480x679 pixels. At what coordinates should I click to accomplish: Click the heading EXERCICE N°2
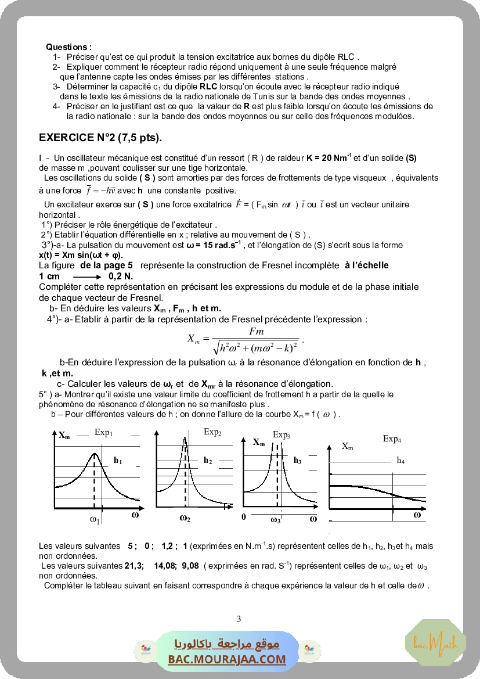100,138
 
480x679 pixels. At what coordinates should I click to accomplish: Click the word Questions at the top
68,46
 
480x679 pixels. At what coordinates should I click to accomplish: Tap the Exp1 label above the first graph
103,433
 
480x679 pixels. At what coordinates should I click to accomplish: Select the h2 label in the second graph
208,460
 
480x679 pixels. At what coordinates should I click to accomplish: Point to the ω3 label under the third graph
276,520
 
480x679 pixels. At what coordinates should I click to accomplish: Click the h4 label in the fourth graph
400,460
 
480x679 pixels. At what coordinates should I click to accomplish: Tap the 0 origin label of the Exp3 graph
244,516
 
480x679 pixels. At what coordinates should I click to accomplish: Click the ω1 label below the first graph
95,520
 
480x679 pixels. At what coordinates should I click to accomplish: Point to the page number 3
239,619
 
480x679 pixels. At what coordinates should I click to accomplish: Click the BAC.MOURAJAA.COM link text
227,659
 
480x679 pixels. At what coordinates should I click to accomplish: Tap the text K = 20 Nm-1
329,158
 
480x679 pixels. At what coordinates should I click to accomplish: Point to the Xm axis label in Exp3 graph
259,442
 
